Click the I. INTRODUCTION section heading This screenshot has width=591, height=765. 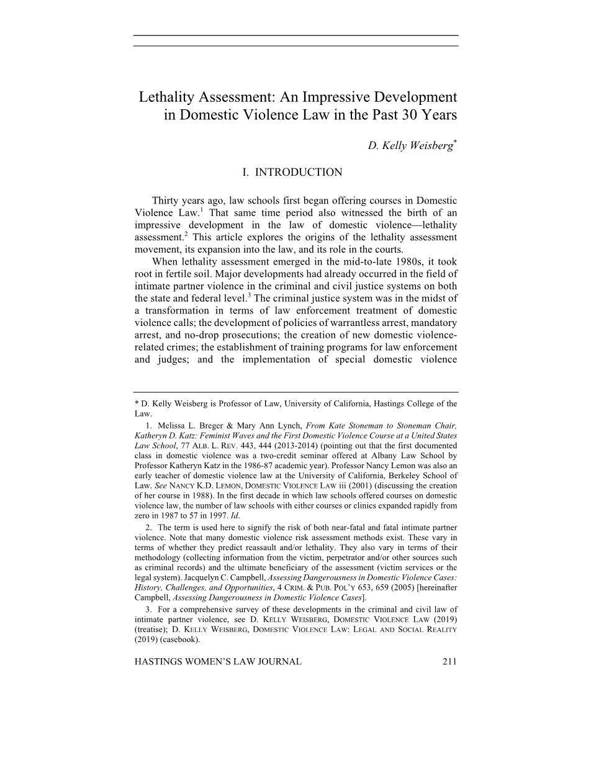pos(292,172)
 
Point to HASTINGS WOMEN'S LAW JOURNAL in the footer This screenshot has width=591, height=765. pos(218,662)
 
